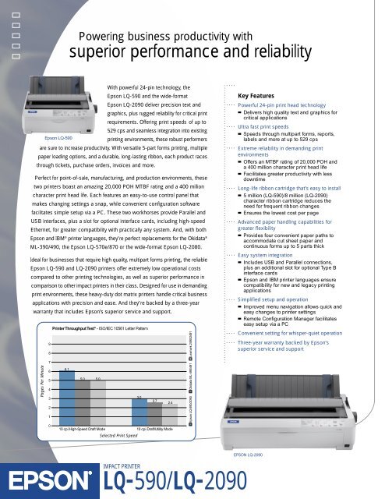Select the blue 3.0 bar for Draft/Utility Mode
click(x=139, y=410)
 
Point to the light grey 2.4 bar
click(x=170, y=412)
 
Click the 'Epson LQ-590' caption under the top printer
click(x=58, y=136)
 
